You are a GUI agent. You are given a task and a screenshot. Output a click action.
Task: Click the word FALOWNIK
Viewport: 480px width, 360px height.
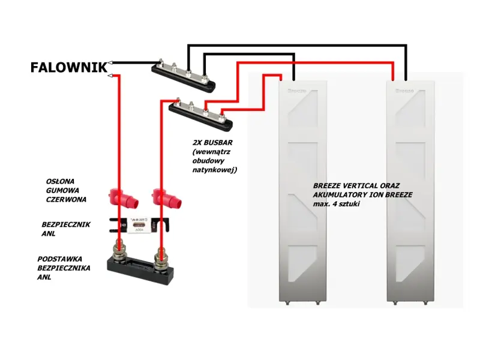(68, 67)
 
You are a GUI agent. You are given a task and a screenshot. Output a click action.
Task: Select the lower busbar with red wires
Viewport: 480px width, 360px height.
(201, 113)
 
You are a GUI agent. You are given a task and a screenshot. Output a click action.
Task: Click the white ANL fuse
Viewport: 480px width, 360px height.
(139, 226)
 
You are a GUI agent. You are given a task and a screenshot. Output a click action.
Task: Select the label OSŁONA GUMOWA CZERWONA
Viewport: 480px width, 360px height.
(66, 190)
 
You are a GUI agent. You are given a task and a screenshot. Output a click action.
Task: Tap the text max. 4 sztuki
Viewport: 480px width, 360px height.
(337, 205)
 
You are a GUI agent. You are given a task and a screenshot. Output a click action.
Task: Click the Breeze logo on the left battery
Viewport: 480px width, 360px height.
(296, 91)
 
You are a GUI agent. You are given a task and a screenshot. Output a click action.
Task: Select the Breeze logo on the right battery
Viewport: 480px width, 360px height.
(404, 91)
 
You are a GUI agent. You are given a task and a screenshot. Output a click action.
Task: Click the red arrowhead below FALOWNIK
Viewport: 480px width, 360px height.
(112, 75)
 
